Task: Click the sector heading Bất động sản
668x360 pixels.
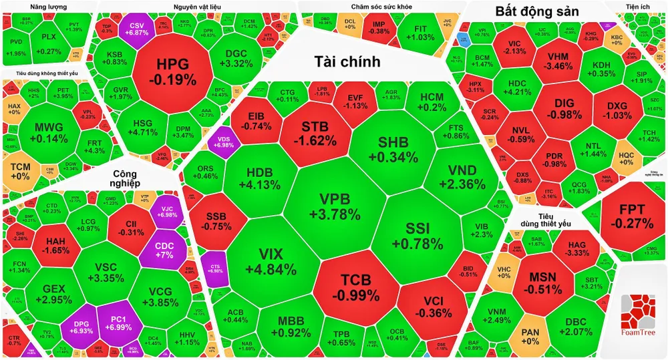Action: pyautogui.click(x=537, y=11)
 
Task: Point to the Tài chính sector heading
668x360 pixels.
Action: pyautogui.click(x=347, y=61)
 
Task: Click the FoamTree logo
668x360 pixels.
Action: pyautogui.click(x=637, y=313)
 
